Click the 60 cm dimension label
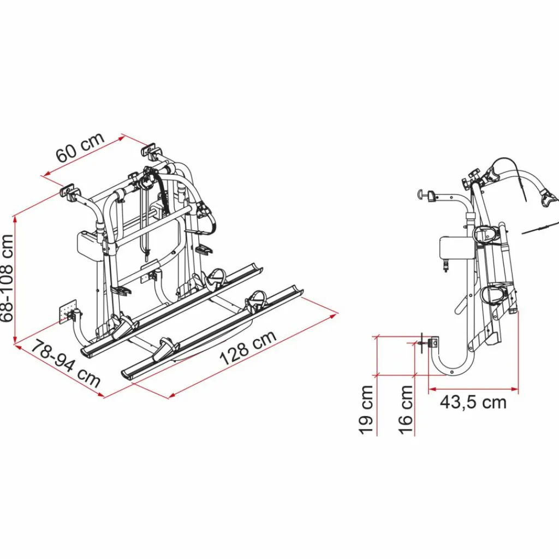pos(80,148)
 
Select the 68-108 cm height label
pos(8,278)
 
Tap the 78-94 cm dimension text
pos(66,363)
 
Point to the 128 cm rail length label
pos(248,349)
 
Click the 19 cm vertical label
pos(367,409)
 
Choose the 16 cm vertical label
pos(406,409)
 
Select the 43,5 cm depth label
pos(473,402)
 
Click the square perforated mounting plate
pos(67,312)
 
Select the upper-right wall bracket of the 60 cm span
pos(150,149)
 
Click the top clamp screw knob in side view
pos(425,194)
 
